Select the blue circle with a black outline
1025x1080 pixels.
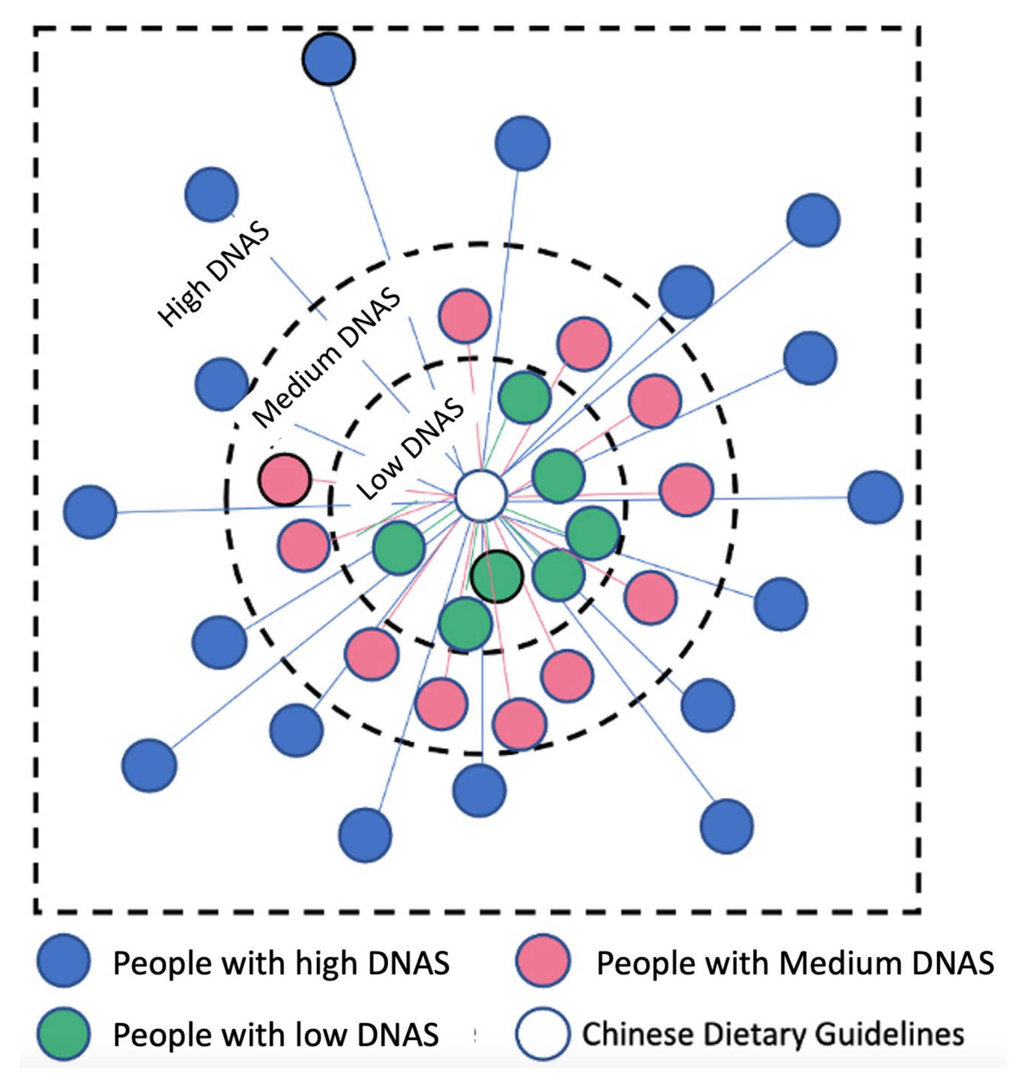tap(329, 59)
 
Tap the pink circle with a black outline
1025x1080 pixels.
tap(285, 479)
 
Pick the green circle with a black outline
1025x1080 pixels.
tap(497, 576)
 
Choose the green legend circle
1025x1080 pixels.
tap(64, 1033)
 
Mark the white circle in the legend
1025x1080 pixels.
tap(542, 1033)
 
